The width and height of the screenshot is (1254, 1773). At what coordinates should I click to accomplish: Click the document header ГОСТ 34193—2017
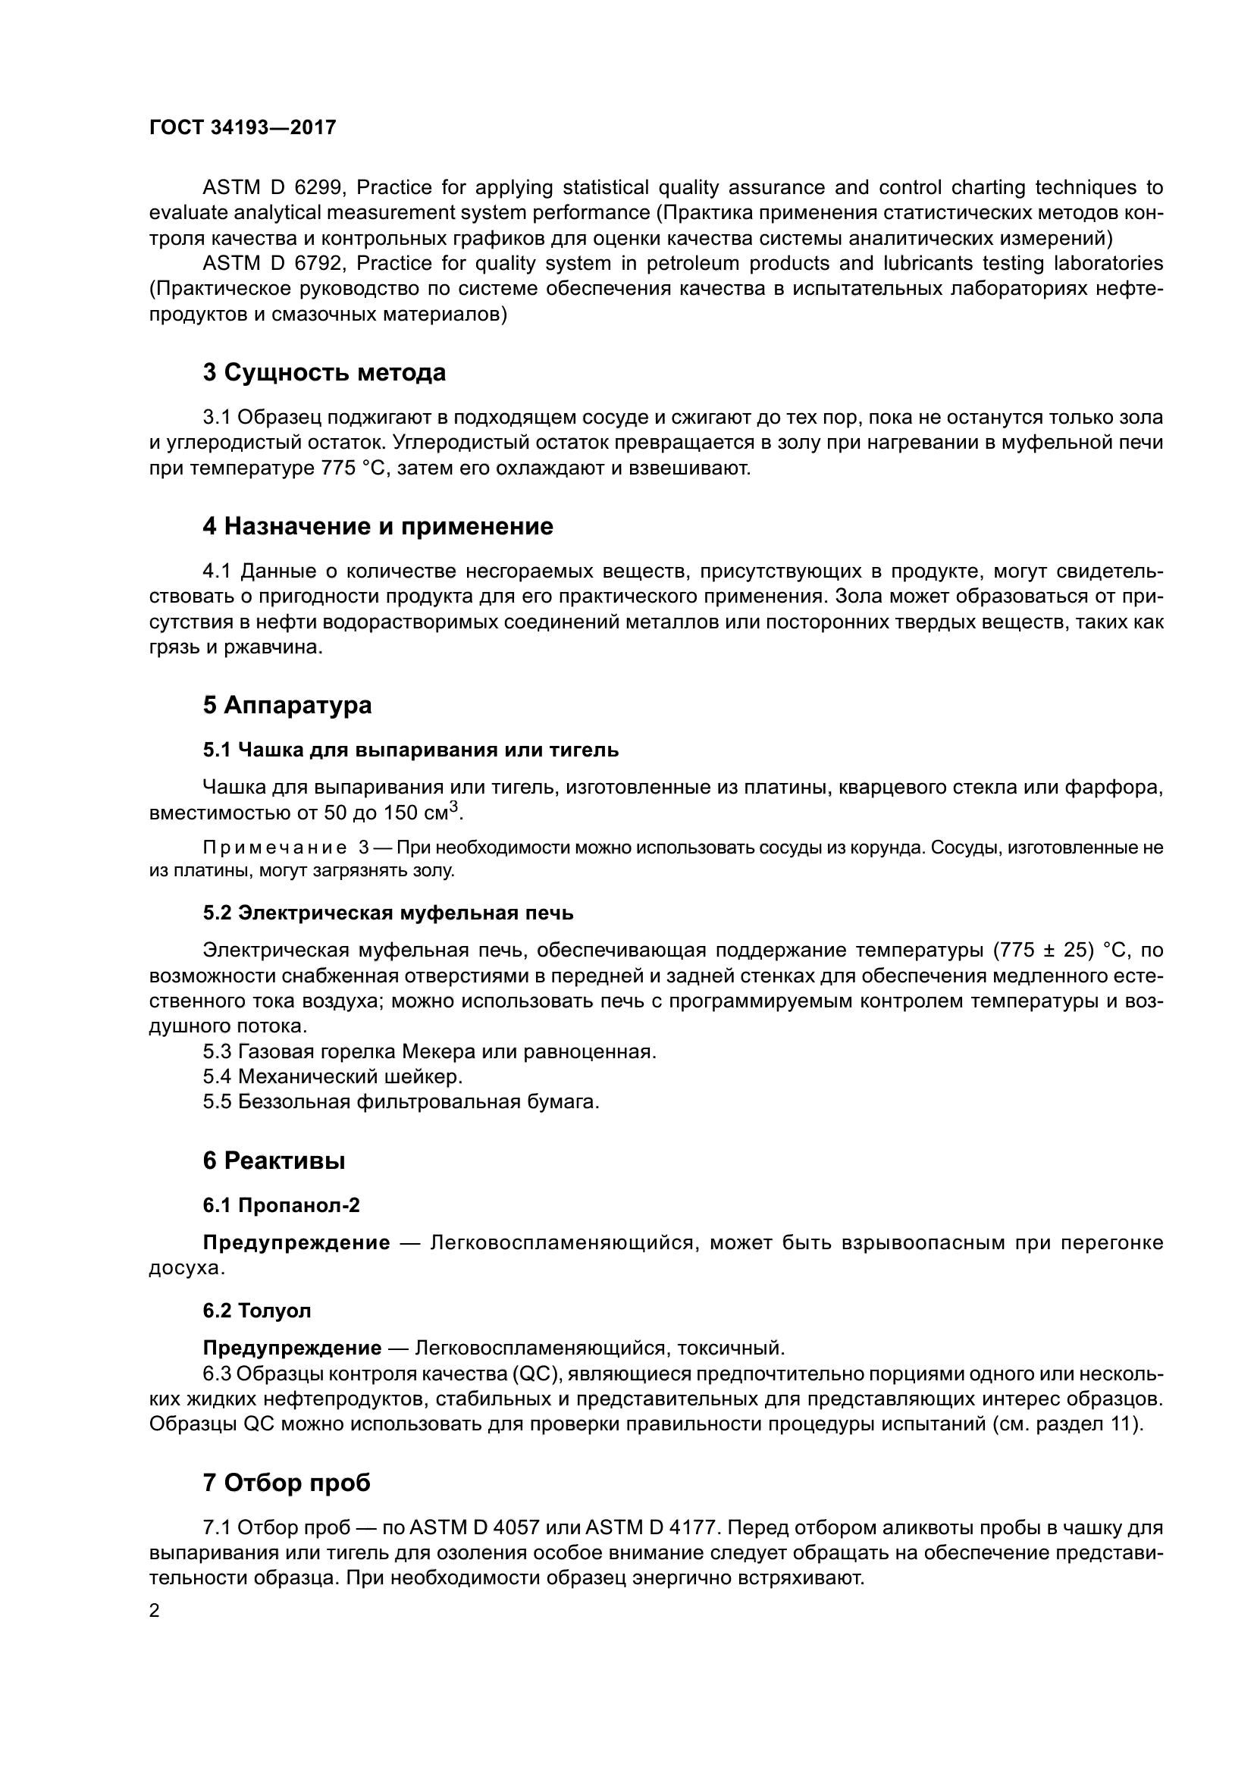click(243, 127)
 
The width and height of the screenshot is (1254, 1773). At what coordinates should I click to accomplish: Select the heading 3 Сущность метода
click(324, 372)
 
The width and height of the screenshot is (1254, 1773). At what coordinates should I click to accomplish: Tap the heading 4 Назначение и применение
click(378, 526)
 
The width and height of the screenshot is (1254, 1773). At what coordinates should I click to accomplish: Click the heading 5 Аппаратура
click(287, 704)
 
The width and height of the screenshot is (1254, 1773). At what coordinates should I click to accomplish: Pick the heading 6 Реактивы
click(274, 1160)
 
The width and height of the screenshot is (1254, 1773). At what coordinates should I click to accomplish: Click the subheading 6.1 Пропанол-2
click(281, 1204)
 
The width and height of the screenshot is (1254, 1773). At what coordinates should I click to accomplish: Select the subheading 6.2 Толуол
click(257, 1311)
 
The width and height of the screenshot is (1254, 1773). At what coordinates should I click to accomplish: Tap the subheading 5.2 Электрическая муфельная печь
click(387, 913)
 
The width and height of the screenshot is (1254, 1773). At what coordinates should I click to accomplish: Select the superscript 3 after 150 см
click(454, 807)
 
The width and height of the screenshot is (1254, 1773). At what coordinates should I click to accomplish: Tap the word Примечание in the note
click(274, 848)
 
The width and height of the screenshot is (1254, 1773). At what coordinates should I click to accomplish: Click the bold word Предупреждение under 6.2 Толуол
click(292, 1348)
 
